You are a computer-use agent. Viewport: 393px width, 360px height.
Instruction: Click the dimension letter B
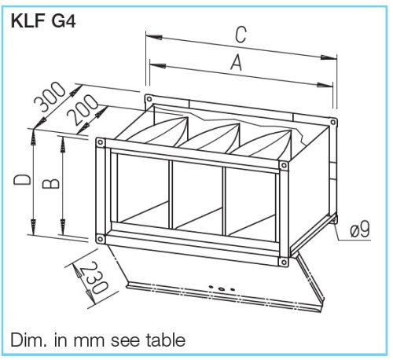point(49,182)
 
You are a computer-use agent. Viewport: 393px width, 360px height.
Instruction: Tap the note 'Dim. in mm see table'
point(98,340)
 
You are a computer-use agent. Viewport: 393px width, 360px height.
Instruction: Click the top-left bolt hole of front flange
point(100,142)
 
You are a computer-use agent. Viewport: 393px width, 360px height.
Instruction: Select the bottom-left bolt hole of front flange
point(100,238)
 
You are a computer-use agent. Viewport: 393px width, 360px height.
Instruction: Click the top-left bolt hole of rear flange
point(148,99)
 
